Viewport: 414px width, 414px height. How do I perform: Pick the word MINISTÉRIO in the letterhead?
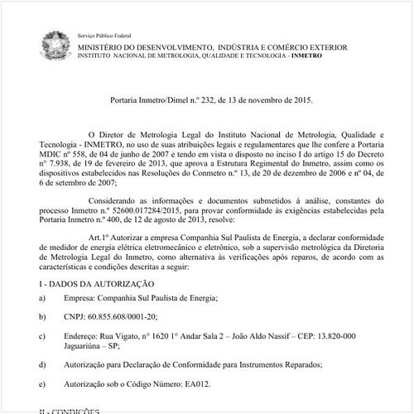tap(107, 49)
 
